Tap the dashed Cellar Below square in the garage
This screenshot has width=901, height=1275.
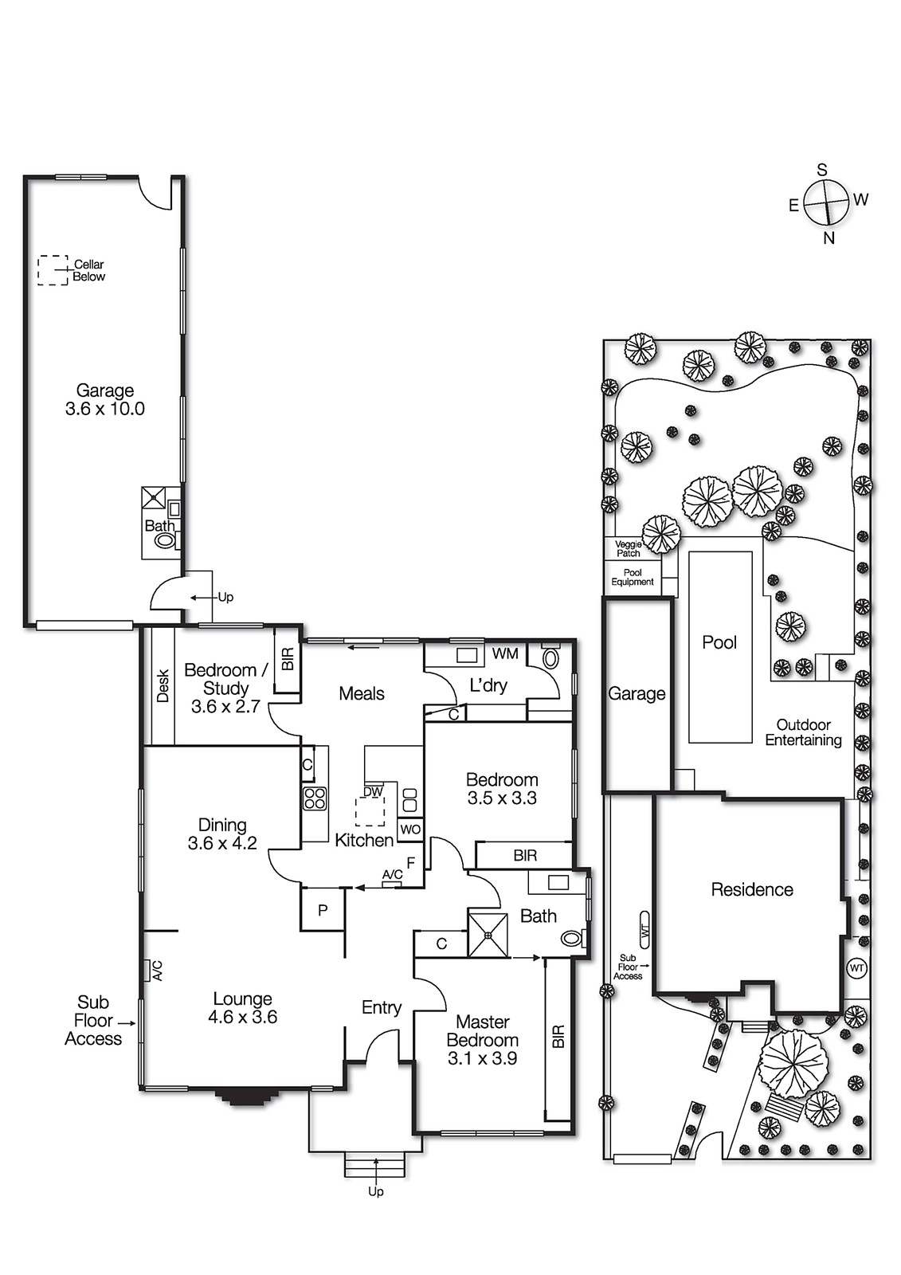tap(53, 270)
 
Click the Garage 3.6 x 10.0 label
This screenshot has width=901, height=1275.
tap(105, 399)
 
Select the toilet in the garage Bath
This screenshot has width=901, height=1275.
tap(165, 541)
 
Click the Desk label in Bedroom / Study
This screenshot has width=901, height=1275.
tap(163, 686)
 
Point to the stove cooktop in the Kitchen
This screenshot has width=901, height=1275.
tap(315, 798)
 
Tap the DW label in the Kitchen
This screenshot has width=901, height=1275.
tap(373, 792)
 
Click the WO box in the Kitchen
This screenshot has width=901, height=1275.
tap(410, 830)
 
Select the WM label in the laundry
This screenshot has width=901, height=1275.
tap(505, 654)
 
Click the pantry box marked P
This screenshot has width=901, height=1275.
tap(323, 910)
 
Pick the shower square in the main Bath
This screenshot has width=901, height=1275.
tap(488, 935)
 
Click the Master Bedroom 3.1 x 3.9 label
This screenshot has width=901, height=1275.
tap(482, 1040)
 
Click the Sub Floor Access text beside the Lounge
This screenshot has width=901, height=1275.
tap(93, 1021)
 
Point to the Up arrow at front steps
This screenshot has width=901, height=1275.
tap(375, 1183)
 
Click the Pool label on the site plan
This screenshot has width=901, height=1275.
tap(719, 642)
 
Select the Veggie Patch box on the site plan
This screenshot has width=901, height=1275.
tap(629, 549)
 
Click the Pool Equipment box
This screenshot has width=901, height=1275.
tap(633, 578)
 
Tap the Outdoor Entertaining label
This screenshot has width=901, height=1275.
tap(803, 732)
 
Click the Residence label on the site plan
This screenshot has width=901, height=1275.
tap(751, 889)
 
